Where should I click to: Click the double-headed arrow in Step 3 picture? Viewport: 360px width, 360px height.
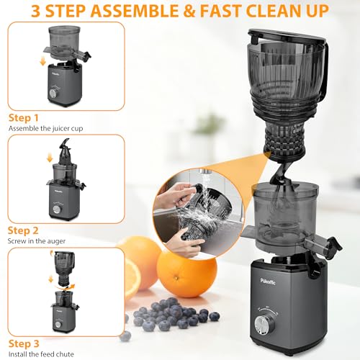tap(58, 280)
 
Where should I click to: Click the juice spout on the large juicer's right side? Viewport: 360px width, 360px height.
tap(332, 231)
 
